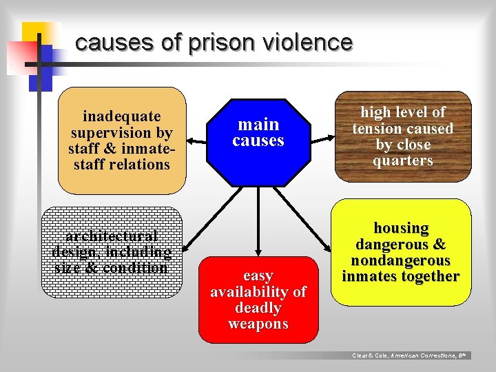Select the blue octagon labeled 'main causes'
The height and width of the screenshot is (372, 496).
[258, 142]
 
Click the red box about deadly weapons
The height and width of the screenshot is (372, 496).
[258, 300]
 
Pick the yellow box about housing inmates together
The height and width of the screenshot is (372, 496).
[402, 251]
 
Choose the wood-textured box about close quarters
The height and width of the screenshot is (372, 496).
[403, 136]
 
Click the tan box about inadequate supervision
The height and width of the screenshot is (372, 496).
[121, 141]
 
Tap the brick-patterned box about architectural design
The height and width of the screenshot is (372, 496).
[112, 252]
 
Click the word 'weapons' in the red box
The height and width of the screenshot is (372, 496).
[258, 324]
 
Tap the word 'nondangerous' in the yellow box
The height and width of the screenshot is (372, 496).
[401, 260]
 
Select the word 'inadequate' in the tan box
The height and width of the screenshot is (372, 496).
[121, 116]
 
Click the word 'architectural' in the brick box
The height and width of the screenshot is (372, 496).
[112, 236]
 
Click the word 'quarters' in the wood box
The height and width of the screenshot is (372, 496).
[402, 161]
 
